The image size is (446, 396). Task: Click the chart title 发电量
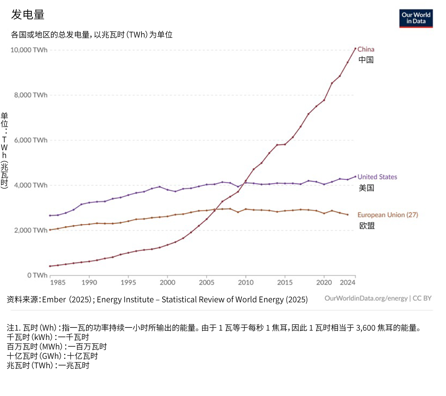(28, 15)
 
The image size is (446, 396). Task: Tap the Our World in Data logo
(416, 18)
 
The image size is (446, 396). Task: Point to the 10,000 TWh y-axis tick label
(29, 50)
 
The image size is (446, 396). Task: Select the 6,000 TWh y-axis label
(31, 140)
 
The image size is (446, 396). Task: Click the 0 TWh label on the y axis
(37, 275)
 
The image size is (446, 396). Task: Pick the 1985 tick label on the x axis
(57, 283)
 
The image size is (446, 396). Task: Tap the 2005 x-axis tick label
(206, 283)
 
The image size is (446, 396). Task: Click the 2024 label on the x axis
(347, 283)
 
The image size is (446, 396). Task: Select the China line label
(366, 49)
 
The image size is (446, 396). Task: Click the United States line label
(377, 177)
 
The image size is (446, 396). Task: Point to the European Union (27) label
(387, 215)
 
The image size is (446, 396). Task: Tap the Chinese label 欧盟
(367, 226)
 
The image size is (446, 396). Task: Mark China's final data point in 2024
(355, 49)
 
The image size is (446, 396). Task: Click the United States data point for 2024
(355, 177)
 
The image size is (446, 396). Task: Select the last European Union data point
(347, 215)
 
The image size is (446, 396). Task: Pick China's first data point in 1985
(50, 266)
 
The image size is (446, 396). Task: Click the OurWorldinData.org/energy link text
(366, 298)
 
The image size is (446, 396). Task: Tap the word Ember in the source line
(54, 300)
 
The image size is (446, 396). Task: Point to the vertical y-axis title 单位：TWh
(4, 150)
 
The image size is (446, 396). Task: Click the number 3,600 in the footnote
(366, 328)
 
